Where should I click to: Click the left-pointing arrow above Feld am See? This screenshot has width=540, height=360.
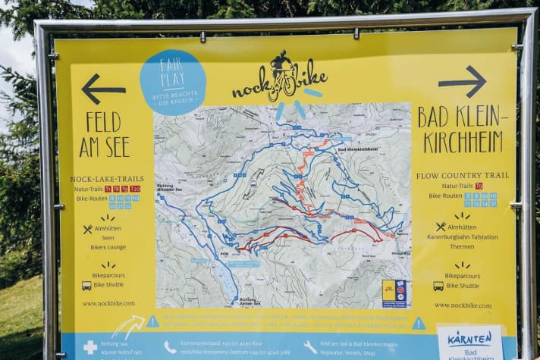click(103, 89)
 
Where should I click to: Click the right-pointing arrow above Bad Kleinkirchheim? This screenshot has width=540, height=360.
click(462, 81)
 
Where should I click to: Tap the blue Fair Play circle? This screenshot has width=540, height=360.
click(173, 82)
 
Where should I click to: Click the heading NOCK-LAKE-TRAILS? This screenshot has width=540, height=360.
click(106, 179)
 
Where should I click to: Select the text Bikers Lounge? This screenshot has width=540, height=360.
click(108, 248)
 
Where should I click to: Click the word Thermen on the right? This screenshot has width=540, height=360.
click(460, 246)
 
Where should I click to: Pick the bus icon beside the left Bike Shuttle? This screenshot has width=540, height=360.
click(86, 286)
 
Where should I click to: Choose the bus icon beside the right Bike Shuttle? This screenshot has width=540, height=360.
click(438, 286)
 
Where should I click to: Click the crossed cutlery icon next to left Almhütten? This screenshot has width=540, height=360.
click(87, 229)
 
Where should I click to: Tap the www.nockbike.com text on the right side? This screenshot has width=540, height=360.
click(463, 305)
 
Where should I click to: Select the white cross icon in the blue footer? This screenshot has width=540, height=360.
click(90, 347)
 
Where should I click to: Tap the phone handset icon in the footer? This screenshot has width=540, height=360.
click(170, 347)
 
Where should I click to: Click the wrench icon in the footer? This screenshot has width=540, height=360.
click(310, 346)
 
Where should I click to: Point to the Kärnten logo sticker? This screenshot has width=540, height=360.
click(470, 342)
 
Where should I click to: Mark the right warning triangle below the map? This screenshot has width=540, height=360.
click(419, 323)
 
